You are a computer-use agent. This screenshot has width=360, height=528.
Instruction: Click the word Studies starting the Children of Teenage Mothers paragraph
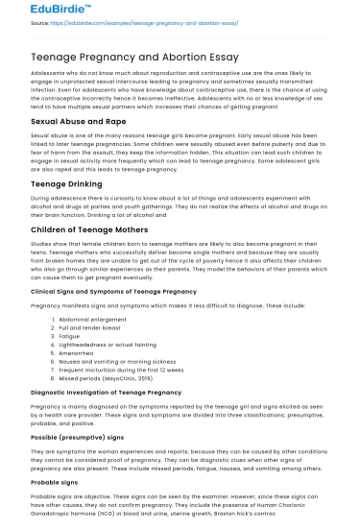[x=42, y=246]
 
